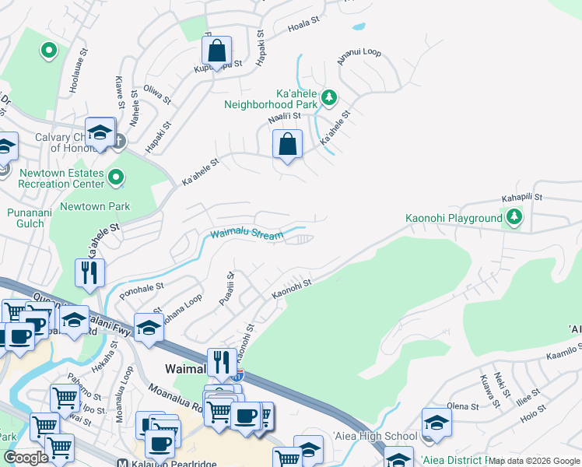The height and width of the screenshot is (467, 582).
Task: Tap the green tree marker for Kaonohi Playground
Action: click(x=514, y=218)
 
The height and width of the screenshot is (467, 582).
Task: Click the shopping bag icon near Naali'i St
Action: click(x=288, y=144)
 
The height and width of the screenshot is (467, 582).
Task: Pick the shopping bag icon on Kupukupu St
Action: click(x=217, y=51)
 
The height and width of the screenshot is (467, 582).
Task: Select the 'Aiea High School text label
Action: click(x=375, y=436)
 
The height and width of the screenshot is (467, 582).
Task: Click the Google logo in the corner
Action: click(x=26, y=458)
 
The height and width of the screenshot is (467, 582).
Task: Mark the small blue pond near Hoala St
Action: click(x=359, y=26)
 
